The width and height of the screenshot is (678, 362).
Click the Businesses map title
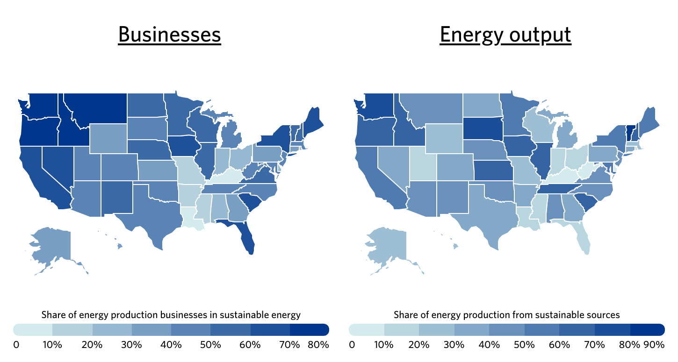(x=169, y=35)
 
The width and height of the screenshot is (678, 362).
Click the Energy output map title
(x=505, y=35)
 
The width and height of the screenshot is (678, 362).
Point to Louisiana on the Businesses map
(x=190, y=218)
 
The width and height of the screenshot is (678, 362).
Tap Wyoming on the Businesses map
(x=108, y=138)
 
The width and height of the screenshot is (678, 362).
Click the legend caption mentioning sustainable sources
(x=506, y=315)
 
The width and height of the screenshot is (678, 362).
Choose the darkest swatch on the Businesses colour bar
(x=309, y=329)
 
